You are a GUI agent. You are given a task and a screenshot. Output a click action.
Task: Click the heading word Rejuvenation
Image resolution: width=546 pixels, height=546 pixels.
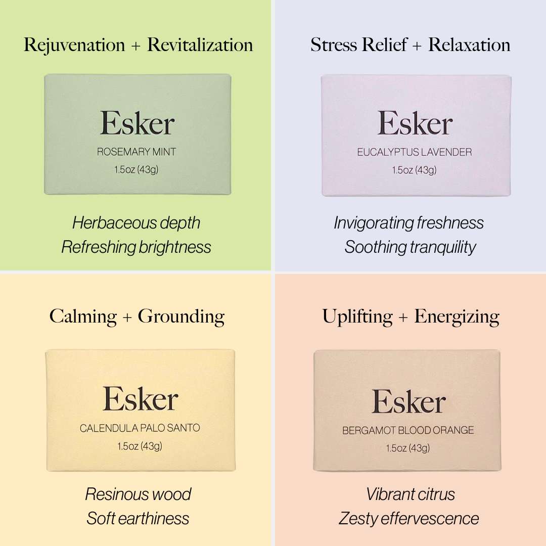point(74,45)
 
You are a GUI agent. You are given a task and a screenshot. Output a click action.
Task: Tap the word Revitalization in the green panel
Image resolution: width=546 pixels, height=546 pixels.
point(200,44)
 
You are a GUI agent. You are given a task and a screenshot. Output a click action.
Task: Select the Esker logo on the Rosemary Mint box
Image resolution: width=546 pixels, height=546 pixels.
point(138,123)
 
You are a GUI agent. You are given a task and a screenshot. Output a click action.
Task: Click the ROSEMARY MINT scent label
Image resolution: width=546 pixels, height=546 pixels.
point(136,152)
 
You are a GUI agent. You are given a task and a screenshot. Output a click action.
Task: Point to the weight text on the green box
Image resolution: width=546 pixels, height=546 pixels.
point(136,170)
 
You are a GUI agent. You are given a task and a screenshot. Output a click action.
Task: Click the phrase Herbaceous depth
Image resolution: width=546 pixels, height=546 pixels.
point(136,223)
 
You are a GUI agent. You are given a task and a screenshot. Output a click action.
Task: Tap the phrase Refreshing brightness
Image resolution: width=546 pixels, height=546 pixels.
point(136,247)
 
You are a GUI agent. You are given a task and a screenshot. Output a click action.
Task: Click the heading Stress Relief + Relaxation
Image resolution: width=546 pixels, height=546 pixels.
point(410,44)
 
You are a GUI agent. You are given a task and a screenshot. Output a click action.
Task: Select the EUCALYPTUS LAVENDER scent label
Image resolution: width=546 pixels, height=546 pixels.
point(414,152)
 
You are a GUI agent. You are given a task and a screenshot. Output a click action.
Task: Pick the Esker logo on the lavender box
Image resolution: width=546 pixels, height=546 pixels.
point(415,123)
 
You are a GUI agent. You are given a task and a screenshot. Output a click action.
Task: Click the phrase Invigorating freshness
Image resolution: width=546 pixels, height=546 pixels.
point(409,223)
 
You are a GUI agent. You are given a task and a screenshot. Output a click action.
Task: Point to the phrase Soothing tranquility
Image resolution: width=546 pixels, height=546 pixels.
point(410,247)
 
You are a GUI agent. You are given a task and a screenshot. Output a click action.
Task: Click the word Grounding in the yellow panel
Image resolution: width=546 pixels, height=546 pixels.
point(181,317)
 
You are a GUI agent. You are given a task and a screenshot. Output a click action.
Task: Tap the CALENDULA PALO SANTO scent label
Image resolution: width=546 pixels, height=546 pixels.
point(140,428)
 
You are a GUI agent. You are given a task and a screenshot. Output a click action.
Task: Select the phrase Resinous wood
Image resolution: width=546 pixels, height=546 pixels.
point(138,494)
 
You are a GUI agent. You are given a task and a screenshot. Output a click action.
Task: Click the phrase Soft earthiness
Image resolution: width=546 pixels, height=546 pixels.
point(138,518)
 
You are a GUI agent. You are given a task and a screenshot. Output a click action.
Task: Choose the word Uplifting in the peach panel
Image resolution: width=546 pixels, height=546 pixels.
point(357,317)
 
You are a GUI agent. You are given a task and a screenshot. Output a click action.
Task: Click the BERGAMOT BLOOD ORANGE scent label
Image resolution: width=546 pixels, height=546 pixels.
point(408,431)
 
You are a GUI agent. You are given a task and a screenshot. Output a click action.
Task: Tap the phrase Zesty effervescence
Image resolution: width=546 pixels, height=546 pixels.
point(409,518)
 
